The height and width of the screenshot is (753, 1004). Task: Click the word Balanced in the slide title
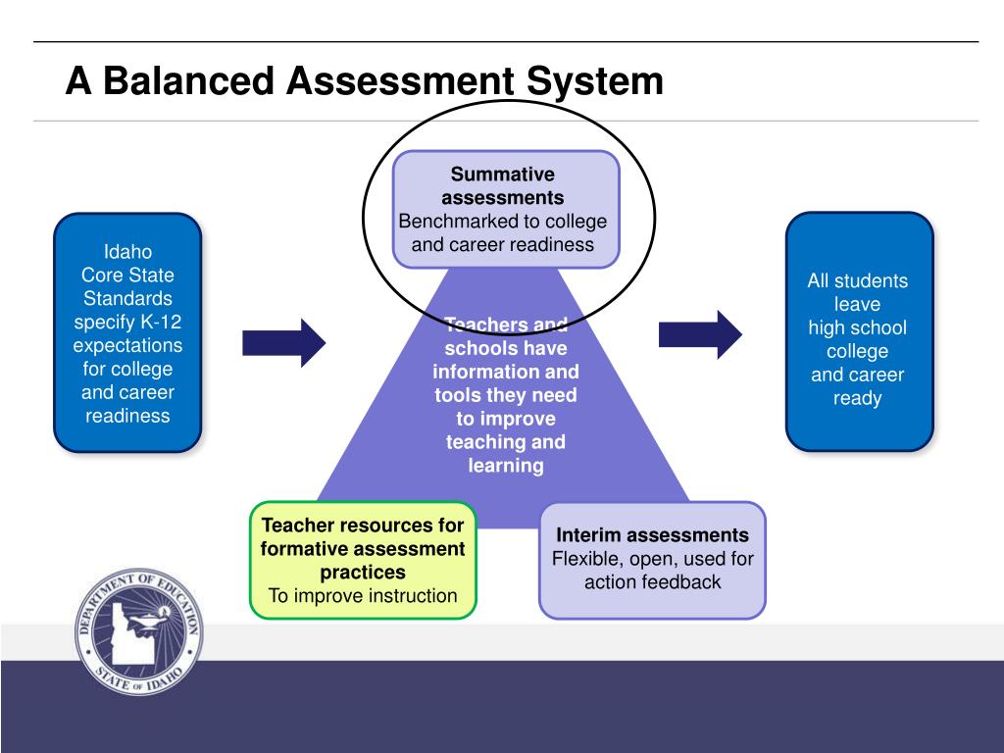pyautogui.click(x=187, y=80)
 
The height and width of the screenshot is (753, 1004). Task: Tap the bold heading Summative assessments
pyautogui.click(x=503, y=186)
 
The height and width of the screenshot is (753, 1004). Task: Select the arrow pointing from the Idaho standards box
pyautogui.click(x=283, y=342)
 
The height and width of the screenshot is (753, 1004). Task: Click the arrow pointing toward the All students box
pyautogui.click(x=700, y=334)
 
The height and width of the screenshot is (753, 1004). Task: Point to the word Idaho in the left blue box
pyautogui.click(x=127, y=252)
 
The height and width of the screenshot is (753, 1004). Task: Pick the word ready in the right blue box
pyautogui.click(x=858, y=398)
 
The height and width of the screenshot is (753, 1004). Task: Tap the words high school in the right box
pyautogui.click(x=858, y=327)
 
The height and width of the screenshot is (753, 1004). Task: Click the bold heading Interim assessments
pyautogui.click(x=652, y=535)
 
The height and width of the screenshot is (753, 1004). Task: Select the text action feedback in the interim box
pyautogui.click(x=652, y=582)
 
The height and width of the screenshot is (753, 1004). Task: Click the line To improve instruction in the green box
pyautogui.click(x=363, y=595)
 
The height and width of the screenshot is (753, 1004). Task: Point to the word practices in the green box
pyautogui.click(x=363, y=572)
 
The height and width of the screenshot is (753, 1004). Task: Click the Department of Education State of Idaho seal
pyautogui.click(x=139, y=632)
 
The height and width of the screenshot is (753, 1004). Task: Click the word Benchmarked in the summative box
pyautogui.click(x=452, y=222)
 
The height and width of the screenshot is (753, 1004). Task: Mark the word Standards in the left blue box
pyautogui.click(x=127, y=299)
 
